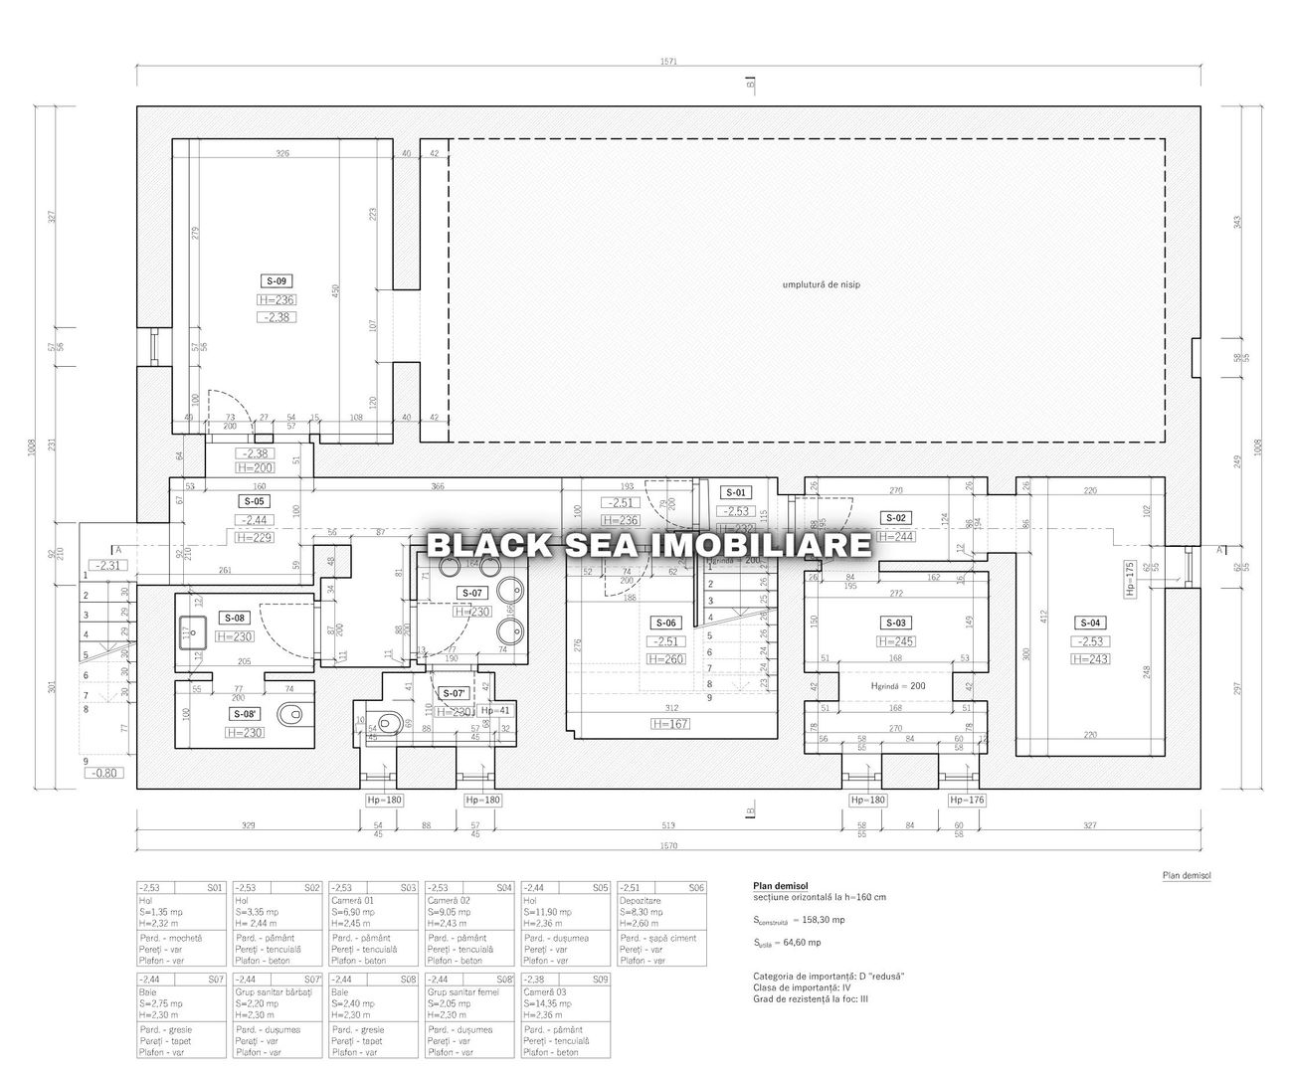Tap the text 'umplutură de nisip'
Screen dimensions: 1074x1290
[x=821, y=284]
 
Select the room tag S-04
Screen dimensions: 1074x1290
[x=1090, y=624]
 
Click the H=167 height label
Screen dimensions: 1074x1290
[x=670, y=724]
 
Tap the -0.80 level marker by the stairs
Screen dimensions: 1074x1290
[x=102, y=773]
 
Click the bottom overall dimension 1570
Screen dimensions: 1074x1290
[x=667, y=846]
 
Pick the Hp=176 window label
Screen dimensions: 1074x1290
[x=966, y=800]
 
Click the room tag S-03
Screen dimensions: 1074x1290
[x=895, y=624]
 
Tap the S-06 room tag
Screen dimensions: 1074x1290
[x=664, y=624]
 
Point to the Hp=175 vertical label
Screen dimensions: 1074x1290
[x=1157, y=577]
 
